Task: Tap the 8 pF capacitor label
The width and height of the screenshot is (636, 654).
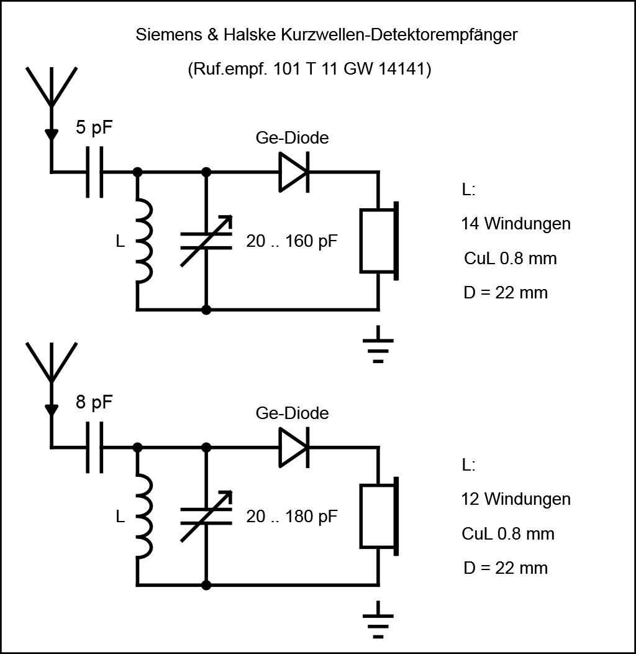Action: pos(95,402)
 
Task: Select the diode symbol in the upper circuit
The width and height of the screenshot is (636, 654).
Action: pos(293,172)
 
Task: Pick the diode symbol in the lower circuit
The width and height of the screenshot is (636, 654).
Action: pos(293,446)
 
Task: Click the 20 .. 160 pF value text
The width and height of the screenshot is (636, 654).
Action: pos(292,241)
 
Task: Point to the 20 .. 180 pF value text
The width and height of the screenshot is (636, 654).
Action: pos(292,516)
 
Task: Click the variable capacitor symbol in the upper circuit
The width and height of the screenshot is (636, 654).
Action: pos(206,241)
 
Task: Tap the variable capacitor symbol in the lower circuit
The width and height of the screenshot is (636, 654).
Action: pos(206,515)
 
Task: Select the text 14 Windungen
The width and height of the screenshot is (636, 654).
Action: pos(516,223)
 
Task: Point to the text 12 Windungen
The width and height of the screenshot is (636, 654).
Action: pos(516,499)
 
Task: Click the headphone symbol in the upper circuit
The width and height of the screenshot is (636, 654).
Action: pos(379,241)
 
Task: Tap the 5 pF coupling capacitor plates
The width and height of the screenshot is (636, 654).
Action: pos(95,172)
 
